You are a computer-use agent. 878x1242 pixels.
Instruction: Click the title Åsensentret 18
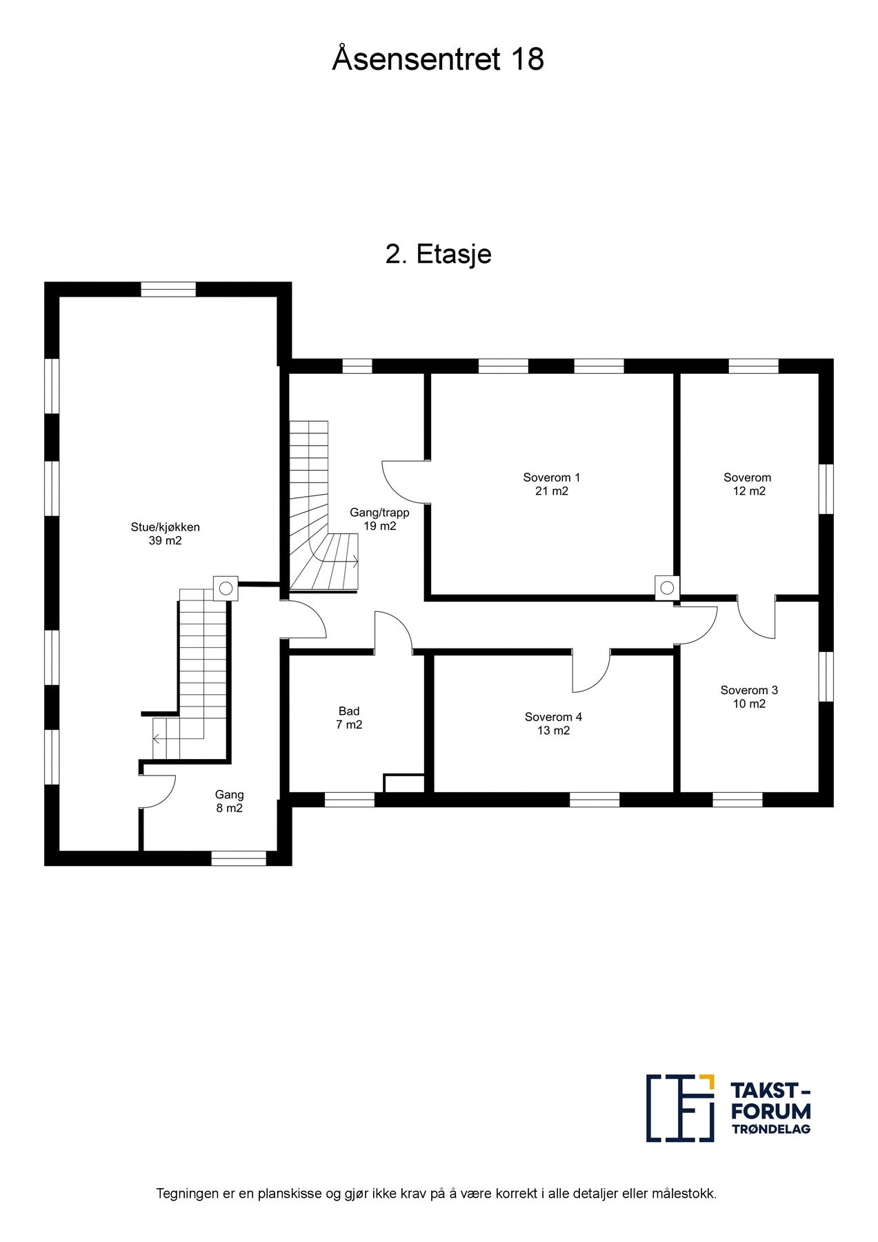click(438, 59)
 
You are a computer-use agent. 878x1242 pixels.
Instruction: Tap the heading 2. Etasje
click(438, 255)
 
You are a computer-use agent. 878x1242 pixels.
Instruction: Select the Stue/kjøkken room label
click(166, 527)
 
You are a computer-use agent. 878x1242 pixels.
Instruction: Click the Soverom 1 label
click(552, 477)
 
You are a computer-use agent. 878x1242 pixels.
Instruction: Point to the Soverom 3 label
click(749, 690)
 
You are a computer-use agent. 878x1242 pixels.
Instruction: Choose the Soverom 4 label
click(553, 717)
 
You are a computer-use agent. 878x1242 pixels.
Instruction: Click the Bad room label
click(349, 711)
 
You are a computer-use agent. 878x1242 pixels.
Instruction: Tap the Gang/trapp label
click(379, 513)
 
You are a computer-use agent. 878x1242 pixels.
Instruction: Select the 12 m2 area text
click(749, 491)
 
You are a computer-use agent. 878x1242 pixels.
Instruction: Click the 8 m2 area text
click(230, 809)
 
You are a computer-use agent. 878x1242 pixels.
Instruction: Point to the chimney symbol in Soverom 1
click(667, 588)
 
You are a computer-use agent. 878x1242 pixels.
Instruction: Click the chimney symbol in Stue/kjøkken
click(226, 588)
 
